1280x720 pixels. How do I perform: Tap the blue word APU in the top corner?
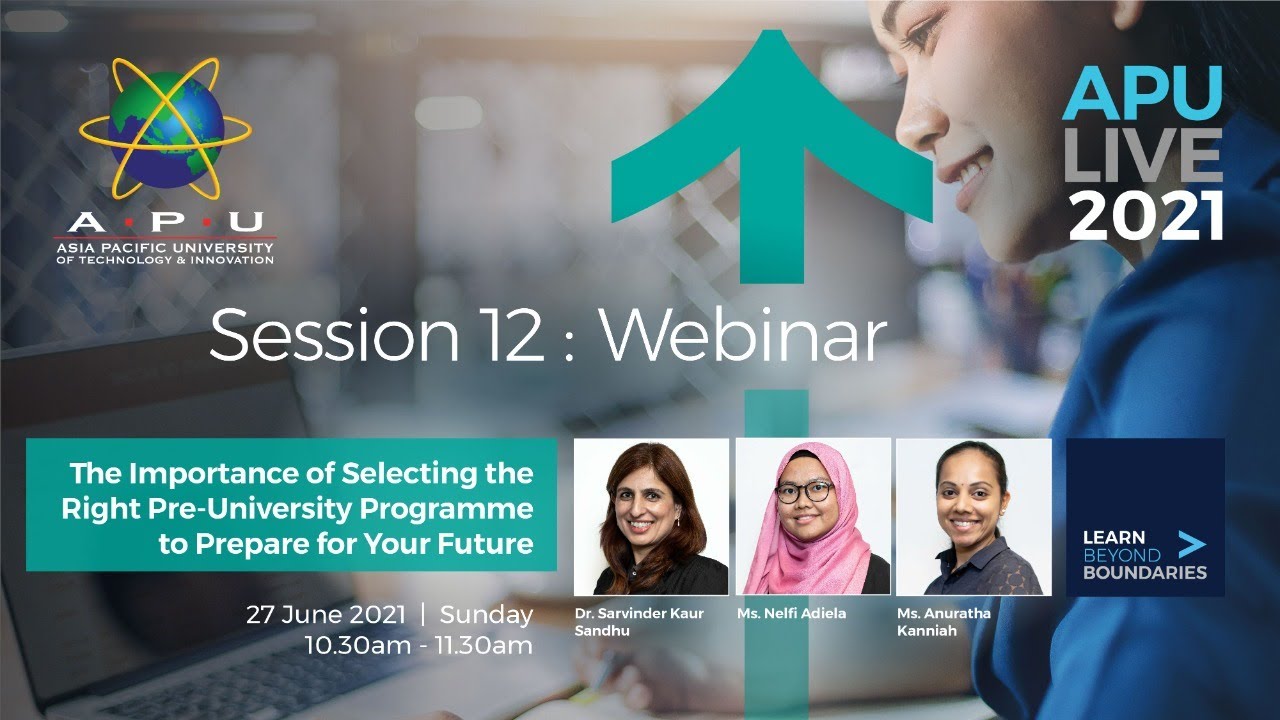(1142, 95)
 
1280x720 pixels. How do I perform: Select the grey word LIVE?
(1143, 156)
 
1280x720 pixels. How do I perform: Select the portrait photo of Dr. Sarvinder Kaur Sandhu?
(651, 516)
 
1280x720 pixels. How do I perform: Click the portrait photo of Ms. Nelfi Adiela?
(812, 516)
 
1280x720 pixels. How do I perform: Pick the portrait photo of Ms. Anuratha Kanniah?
(973, 516)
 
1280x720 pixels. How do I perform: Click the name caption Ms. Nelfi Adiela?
(791, 613)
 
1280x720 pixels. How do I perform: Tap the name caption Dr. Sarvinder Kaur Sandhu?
(638, 622)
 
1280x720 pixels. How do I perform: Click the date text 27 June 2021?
(326, 614)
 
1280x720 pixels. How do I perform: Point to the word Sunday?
(486, 614)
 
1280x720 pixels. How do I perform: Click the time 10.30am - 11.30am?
(419, 645)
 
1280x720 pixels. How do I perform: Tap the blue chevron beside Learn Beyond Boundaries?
(1191, 544)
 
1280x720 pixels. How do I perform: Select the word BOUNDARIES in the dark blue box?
(1145, 573)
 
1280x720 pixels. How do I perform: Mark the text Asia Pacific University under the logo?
(164, 247)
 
